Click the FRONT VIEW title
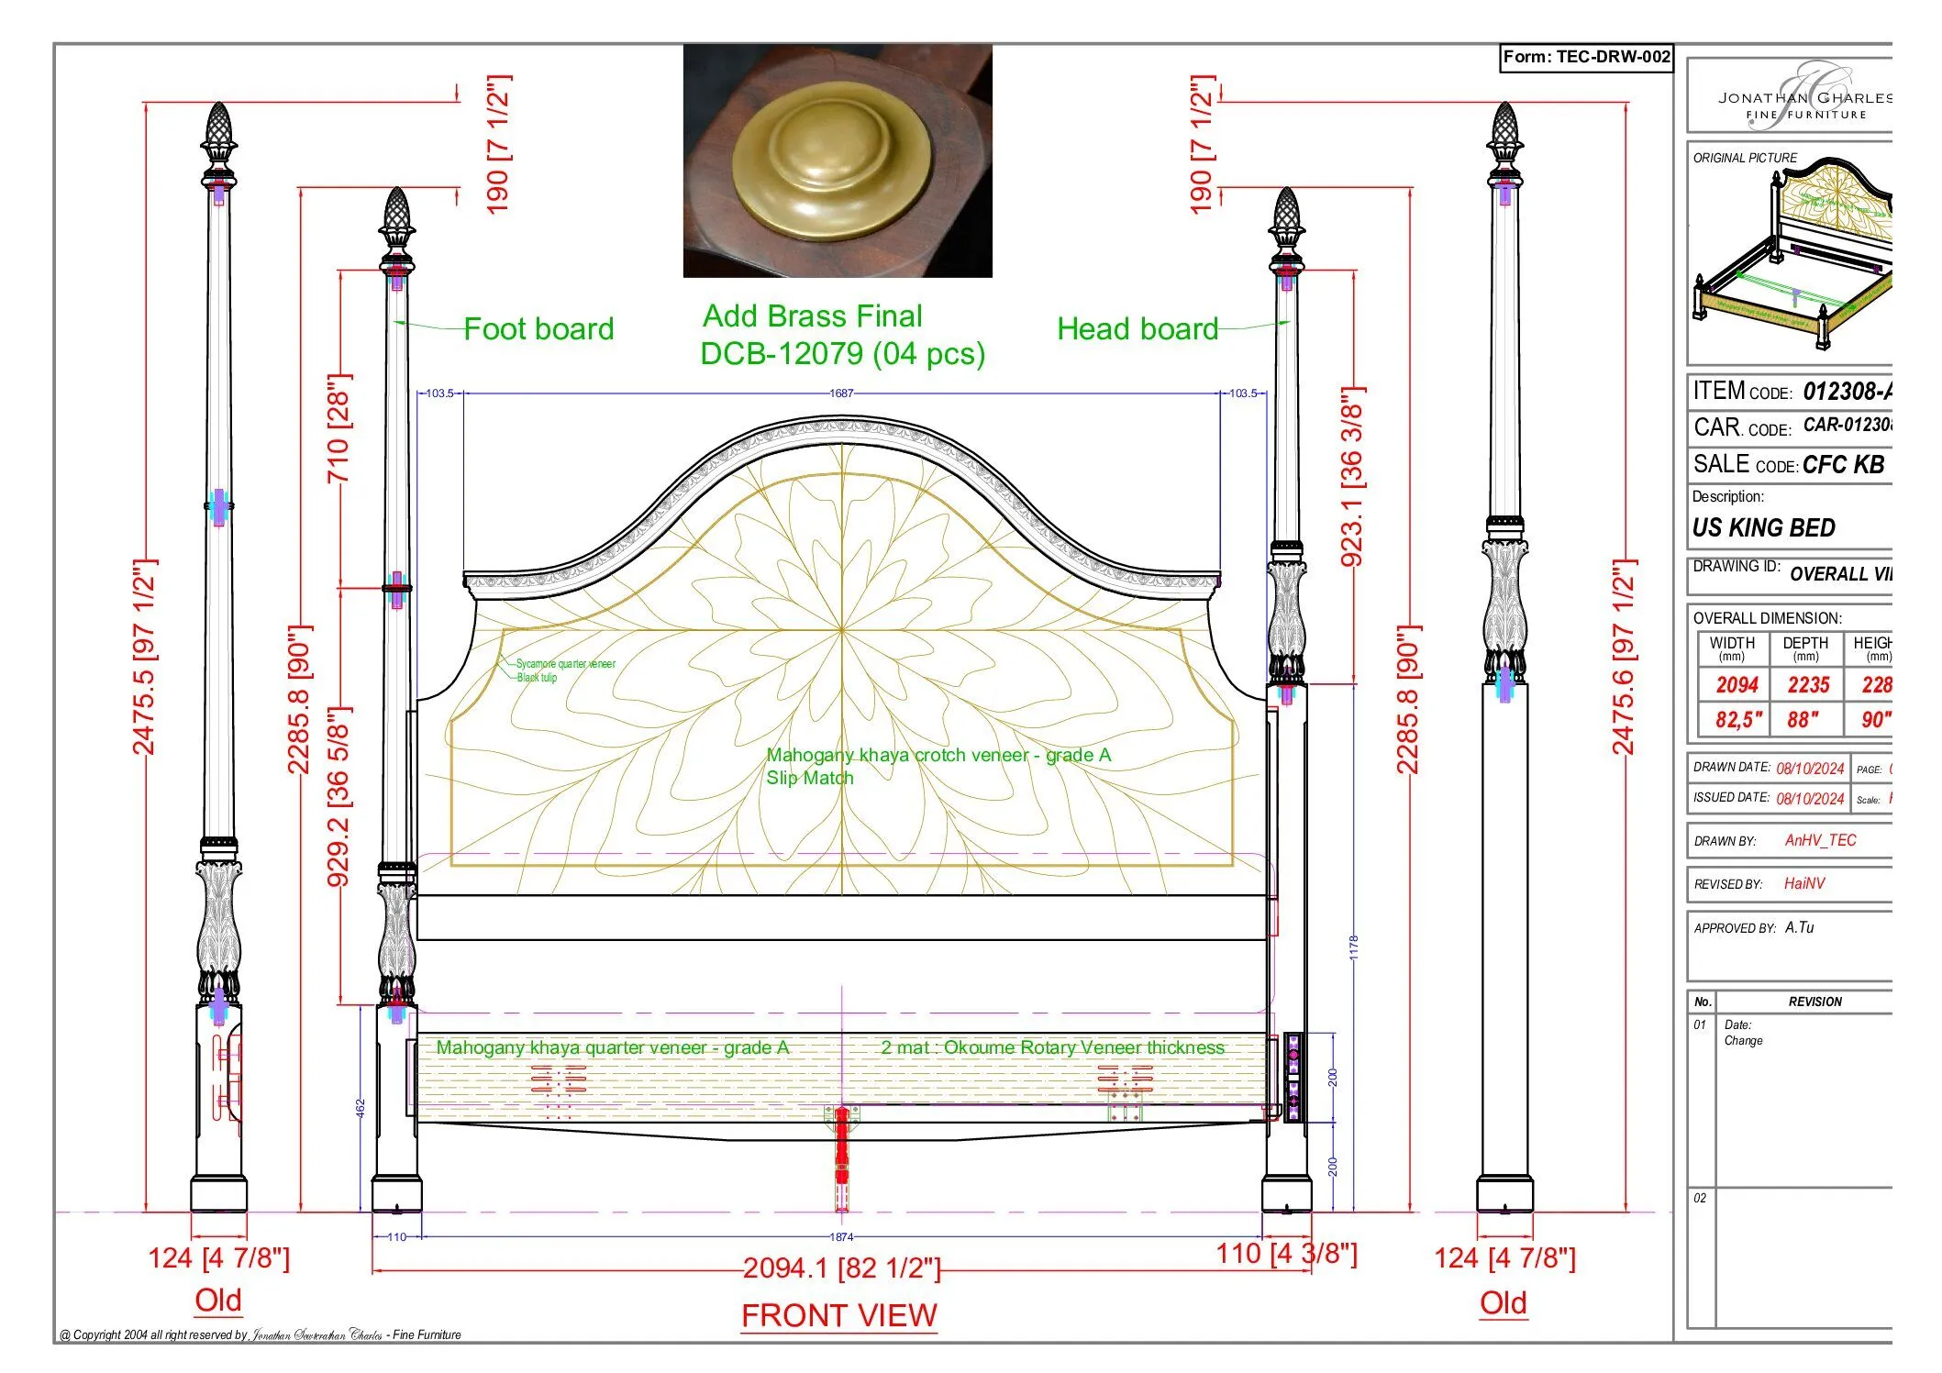[838, 1315]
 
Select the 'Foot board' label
[538, 329]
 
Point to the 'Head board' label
[1137, 329]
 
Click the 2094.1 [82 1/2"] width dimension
[841, 1268]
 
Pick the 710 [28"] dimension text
[339, 429]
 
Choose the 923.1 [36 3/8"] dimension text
[1352, 477]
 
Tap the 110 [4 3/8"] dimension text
[1286, 1254]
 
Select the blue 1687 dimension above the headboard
[841, 393]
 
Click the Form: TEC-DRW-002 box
[1586, 57]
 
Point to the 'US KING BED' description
[1763, 528]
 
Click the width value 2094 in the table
[1737, 685]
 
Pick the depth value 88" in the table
[1803, 720]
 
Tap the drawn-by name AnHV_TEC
[1820, 840]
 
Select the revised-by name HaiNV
[1804, 883]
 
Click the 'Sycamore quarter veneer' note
[565, 663]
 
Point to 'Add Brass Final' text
[813, 316]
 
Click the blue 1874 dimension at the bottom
[841, 1237]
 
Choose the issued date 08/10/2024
[1810, 799]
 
